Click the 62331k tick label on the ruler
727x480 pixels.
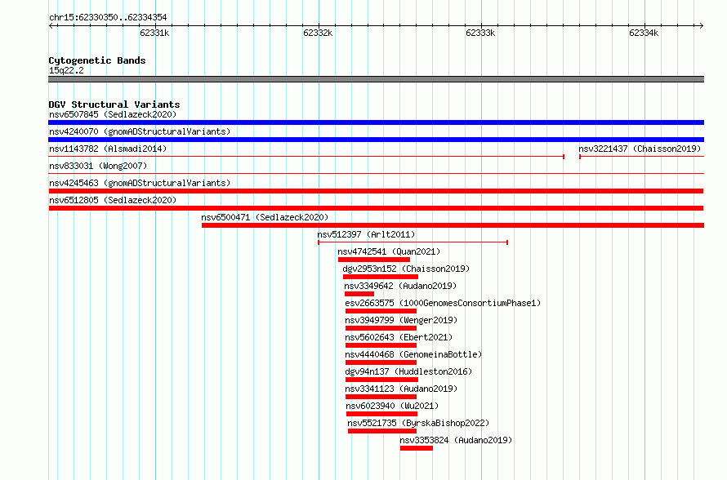[x=154, y=33]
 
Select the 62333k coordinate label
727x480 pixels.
[x=480, y=33]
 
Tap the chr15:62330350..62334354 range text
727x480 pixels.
[x=108, y=18]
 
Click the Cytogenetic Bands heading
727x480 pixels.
[x=97, y=60]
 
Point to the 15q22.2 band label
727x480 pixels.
[x=66, y=70]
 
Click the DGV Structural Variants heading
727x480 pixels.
[x=114, y=104]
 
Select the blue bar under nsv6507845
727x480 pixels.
[x=376, y=122]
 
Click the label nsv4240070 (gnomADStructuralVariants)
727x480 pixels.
[x=140, y=131]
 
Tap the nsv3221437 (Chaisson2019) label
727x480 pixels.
[x=640, y=149]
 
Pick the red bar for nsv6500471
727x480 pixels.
[x=453, y=225]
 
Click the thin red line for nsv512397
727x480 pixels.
[x=413, y=242]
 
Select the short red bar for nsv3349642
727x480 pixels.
[x=359, y=294]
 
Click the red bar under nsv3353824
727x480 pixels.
[x=417, y=448]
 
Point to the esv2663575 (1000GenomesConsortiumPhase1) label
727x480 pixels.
[x=443, y=303]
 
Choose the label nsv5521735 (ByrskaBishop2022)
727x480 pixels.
[x=418, y=423]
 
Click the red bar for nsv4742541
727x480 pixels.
[x=374, y=260]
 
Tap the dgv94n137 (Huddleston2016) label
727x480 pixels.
[x=408, y=371]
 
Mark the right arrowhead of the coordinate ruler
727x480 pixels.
[x=702, y=25]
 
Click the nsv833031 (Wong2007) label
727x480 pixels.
[x=98, y=166]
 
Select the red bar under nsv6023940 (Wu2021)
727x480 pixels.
[x=381, y=414]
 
